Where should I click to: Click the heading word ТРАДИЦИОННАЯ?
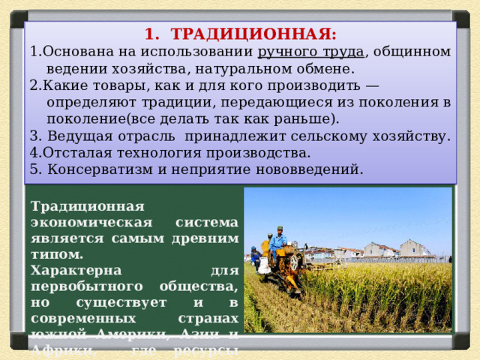point(252,34)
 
